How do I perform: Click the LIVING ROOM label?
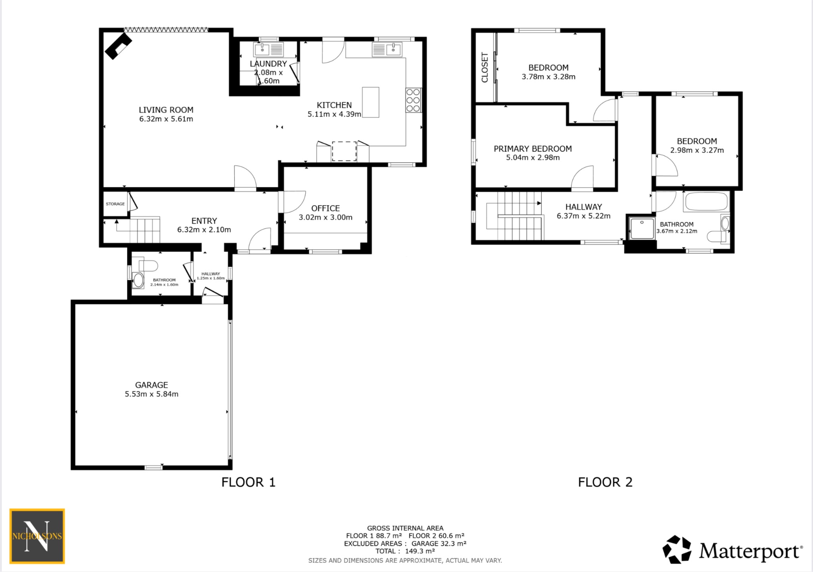(166, 110)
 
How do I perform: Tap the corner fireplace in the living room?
(118, 46)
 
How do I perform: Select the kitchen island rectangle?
(370, 102)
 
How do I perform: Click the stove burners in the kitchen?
(413, 100)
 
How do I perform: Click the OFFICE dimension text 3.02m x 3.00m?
(326, 217)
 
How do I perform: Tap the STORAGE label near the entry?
(115, 204)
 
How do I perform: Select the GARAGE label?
(151, 385)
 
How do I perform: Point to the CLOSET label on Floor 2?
(484, 67)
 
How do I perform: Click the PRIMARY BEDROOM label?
(532, 149)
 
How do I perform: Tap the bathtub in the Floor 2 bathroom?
(706, 202)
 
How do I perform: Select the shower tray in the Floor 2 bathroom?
(641, 228)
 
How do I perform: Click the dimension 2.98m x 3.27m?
(697, 150)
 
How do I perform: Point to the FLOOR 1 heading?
(248, 482)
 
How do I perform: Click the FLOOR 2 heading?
(605, 482)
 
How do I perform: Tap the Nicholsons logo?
(37, 536)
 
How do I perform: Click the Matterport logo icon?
(676, 550)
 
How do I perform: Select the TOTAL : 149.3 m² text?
(405, 551)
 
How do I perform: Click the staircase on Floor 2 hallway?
(516, 216)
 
